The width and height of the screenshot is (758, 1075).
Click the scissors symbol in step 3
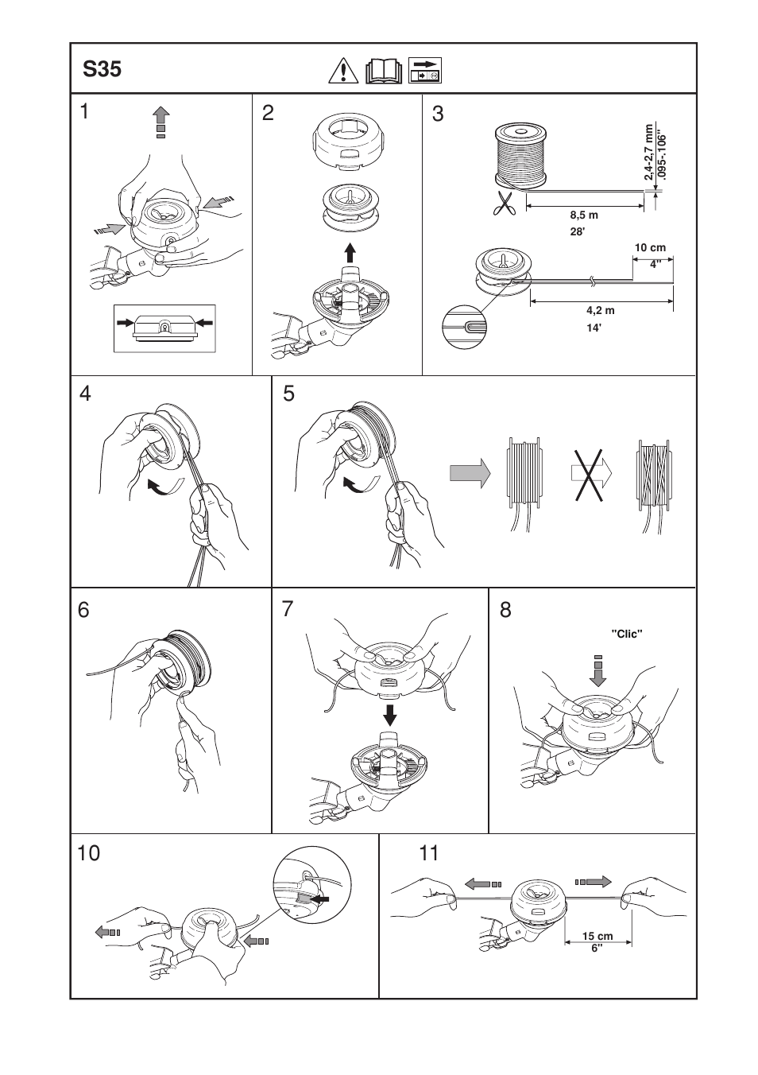tap(504, 204)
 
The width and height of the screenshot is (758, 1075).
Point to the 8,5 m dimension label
tap(583, 215)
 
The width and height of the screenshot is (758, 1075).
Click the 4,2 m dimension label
tap(600, 311)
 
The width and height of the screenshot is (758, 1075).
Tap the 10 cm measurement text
tap(649, 248)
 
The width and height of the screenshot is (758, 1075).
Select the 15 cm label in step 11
tap(598, 936)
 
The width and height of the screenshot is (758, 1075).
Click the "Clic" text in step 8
tap(626, 634)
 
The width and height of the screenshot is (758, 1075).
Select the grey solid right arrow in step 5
tap(470, 473)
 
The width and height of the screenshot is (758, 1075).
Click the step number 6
tap(83, 610)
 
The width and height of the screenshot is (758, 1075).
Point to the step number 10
tap(89, 854)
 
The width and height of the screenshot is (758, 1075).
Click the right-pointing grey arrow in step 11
tap(594, 882)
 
